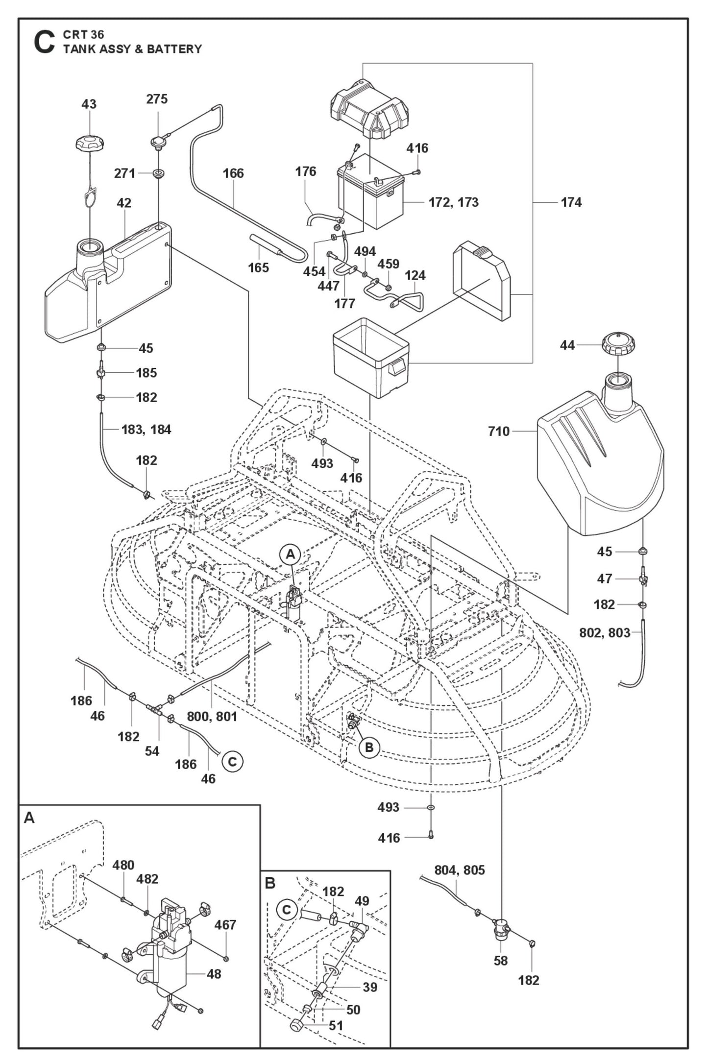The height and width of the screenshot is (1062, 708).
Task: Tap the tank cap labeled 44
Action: point(618,346)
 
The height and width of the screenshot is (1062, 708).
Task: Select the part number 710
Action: point(498,432)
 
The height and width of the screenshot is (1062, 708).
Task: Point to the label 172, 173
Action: point(453,202)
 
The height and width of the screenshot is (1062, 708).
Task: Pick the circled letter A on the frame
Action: point(290,555)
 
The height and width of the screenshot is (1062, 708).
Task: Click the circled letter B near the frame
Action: point(369,748)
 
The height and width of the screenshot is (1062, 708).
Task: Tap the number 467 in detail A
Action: point(225,925)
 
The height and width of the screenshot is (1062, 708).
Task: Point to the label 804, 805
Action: point(459,870)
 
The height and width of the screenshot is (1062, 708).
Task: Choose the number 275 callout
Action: point(157,99)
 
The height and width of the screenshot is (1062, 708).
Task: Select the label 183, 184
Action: point(146,430)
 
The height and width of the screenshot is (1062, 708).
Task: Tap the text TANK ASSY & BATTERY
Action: point(132,49)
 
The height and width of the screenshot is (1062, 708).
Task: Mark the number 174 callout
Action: point(571,202)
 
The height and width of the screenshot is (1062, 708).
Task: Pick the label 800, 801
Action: point(212,717)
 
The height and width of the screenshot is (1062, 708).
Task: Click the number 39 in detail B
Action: point(370,987)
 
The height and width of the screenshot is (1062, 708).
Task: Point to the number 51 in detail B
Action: point(336,1025)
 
